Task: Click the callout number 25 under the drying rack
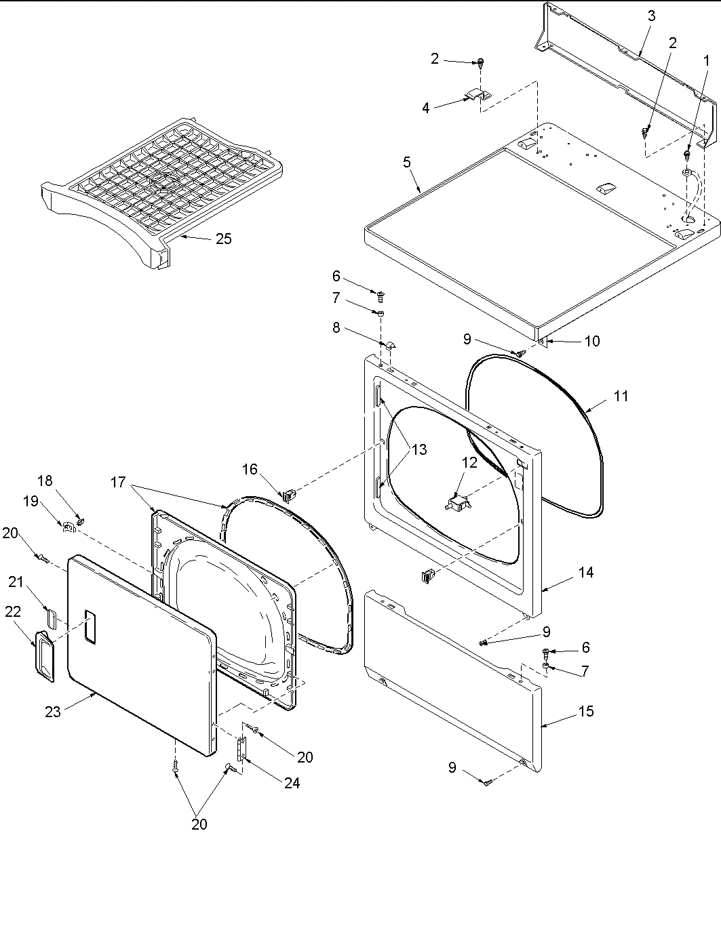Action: pyautogui.click(x=223, y=238)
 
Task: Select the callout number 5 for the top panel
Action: pyautogui.click(x=407, y=162)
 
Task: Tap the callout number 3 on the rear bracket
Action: pyautogui.click(x=651, y=16)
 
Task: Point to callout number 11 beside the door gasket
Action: pyautogui.click(x=621, y=397)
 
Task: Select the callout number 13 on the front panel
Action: pyautogui.click(x=418, y=449)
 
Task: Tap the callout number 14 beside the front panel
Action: pyautogui.click(x=586, y=573)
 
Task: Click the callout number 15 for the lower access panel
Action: pyautogui.click(x=586, y=711)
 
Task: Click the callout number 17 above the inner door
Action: pyautogui.click(x=118, y=482)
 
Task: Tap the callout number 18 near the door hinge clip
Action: pyautogui.click(x=45, y=481)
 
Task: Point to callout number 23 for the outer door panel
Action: pyautogui.click(x=53, y=711)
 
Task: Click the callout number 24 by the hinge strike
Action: pyautogui.click(x=292, y=783)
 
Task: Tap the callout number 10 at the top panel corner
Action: pyautogui.click(x=591, y=341)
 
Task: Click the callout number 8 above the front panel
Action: pyautogui.click(x=336, y=328)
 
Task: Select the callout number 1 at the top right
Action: pyautogui.click(x=706, y=60)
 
